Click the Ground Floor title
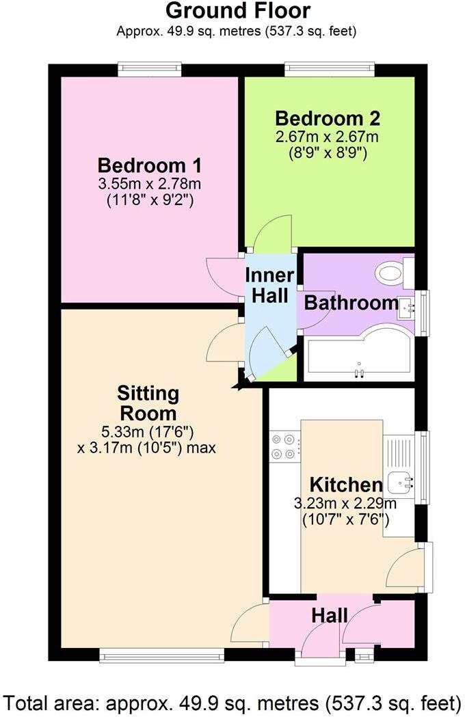coord(237,11)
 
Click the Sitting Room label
coord(148,403)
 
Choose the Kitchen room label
coord(345,485)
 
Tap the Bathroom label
coord(351,303)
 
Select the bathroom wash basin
coord(408,309)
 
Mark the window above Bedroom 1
coord(149,68)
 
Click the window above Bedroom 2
coord(330,68)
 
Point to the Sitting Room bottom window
coord(161,655)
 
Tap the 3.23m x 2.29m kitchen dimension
coord(345,504)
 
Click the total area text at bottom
coord(232,702)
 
